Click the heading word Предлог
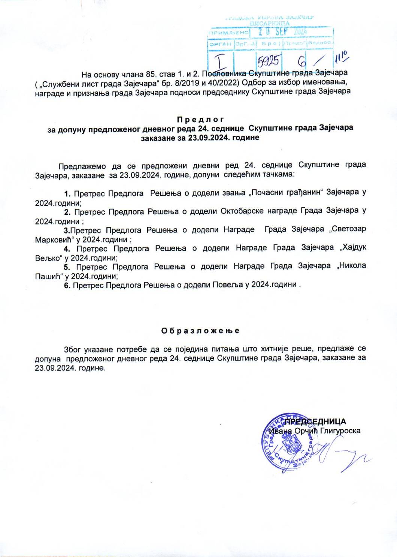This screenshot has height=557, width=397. click(200, 120)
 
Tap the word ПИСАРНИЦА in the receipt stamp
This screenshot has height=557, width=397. click(269, 23)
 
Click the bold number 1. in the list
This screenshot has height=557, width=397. click(67, 194)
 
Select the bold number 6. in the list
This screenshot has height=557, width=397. click(67, 285)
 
